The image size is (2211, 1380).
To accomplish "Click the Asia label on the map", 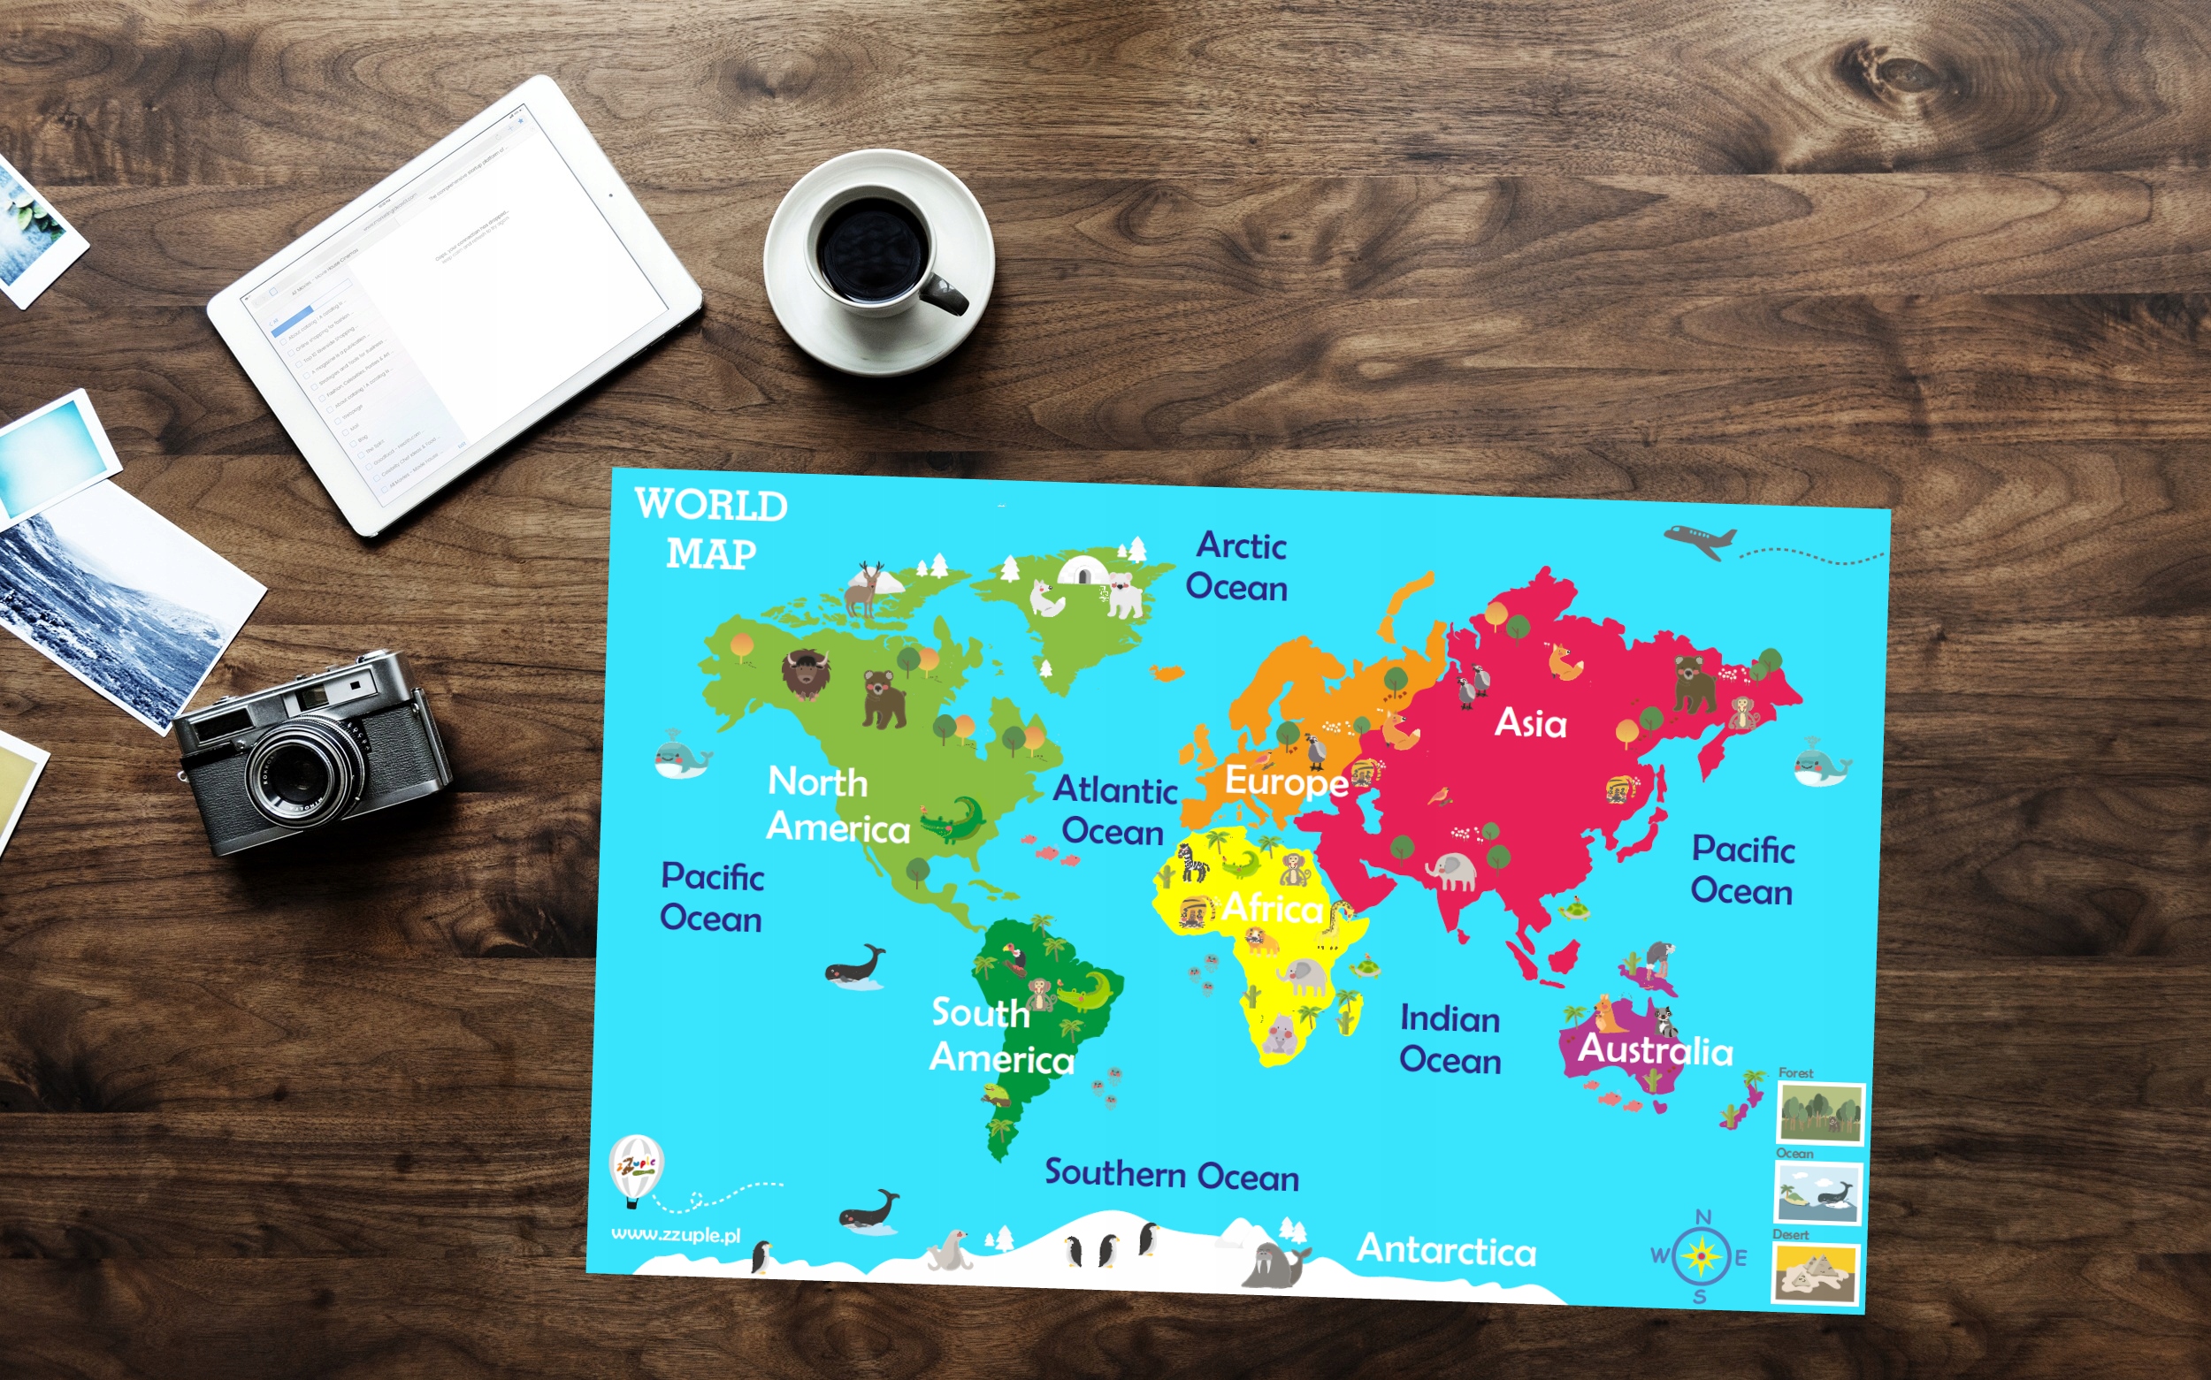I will (x=1530, y=723).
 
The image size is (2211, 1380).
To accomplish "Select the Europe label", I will (x=1285, y=781).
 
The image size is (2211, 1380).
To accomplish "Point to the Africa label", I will (x=1273, y=907).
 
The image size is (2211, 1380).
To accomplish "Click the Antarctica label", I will (x=1446, y=1249).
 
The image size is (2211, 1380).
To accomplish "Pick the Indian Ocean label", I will (x=1450, y=1039).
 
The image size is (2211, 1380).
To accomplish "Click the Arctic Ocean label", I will (x=1237, y=566).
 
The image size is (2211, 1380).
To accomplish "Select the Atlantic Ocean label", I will (x=1114, y=811).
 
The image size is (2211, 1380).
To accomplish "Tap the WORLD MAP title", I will (x=711, y=529).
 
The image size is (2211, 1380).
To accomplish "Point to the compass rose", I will (x=1701, y=1257).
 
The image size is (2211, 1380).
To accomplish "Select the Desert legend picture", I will (x=1816, y=1272).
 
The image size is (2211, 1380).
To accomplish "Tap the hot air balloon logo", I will (x=635, y=1168).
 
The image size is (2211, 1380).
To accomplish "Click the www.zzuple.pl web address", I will (x=676, y=1235).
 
